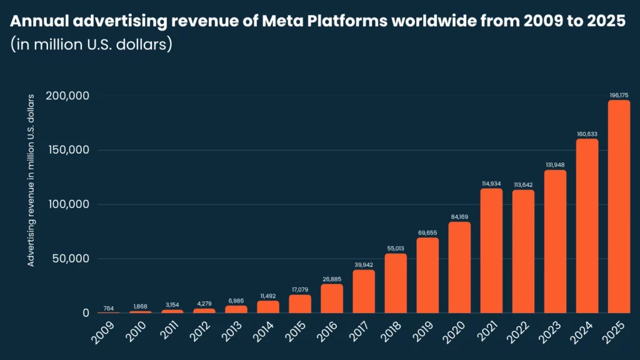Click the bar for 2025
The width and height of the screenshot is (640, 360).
click(x=619, y=206)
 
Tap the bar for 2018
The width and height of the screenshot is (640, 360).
click(x=396, y=282)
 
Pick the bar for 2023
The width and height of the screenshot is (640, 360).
click(x=555, y=241)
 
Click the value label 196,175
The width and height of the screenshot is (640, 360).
click(x=619, y=95)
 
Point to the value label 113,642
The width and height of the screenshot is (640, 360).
click(x=523, y=184)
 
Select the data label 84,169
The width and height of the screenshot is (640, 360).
click(x=459, y=216)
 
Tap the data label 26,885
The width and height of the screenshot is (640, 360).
click(x=332, y=279)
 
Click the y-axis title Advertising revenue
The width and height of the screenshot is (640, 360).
click(x=31, y=181)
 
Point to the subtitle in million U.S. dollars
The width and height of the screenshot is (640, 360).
click(x=91, y=46)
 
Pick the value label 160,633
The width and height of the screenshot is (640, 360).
click(x=587, y=133)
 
